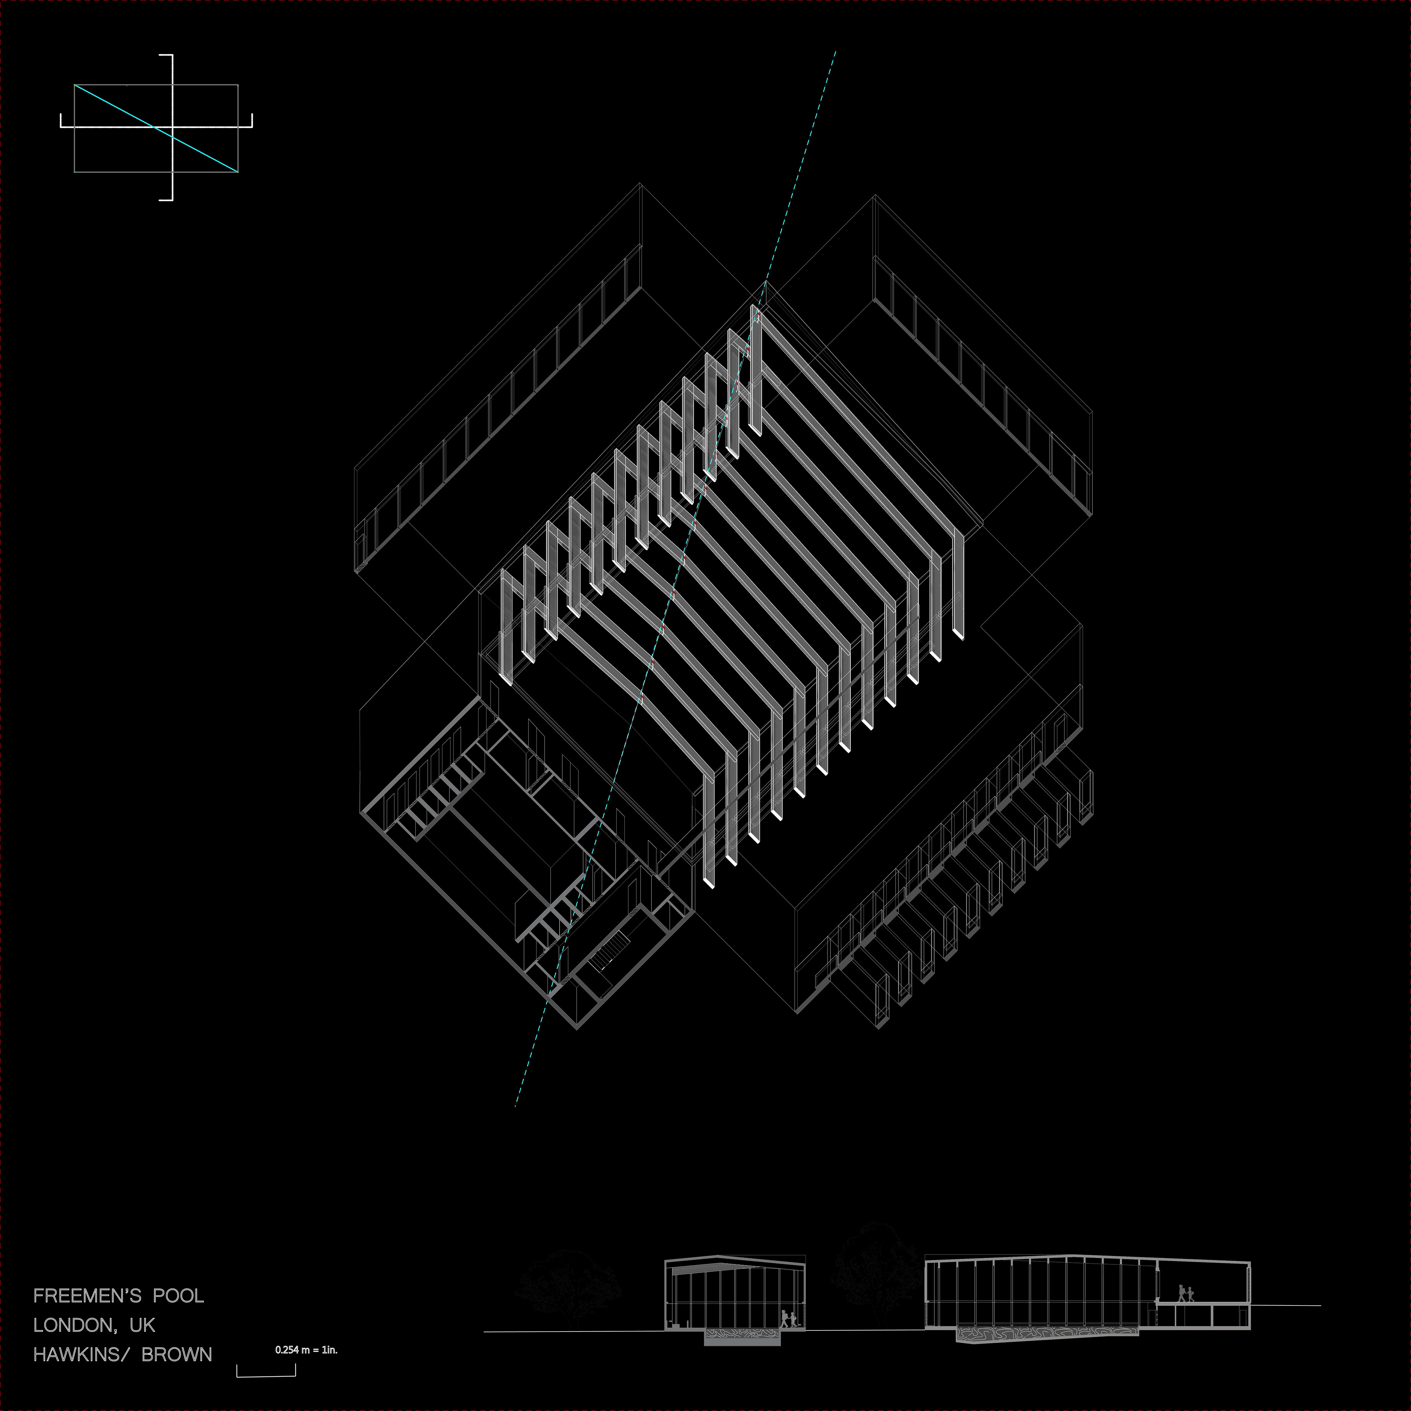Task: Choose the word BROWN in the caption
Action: (177, 1355)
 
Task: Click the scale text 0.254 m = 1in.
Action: (306, 1350)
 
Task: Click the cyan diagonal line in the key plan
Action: (156, 129)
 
